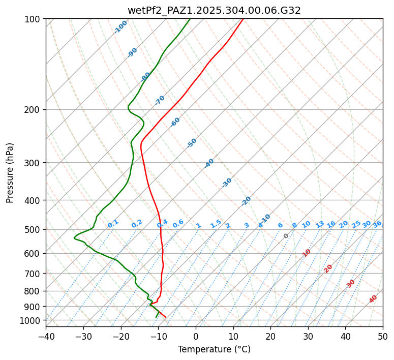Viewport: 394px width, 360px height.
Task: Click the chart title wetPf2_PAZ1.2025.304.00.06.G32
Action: click(x=214, y=10)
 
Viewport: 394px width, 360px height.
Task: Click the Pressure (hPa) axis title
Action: click(x=10, y=172)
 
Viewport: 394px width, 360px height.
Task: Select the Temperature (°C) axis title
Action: click(x=214, y=350)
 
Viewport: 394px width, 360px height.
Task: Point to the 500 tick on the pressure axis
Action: click(x=33, y=230)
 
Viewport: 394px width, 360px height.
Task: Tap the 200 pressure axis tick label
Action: click(x=33, y=110)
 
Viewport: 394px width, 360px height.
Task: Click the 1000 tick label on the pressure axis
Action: click(x=31, y=321)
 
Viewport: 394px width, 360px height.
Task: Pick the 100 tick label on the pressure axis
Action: click(x=33, y=19)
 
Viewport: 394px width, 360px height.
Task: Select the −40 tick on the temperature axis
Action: click(x=46, y=337)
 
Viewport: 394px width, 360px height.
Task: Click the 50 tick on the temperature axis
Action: click(x=383, y=337)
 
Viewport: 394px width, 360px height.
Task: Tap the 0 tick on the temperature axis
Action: click(x=196, y=337)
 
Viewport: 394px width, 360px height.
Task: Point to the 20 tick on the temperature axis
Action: click(x=270, y=337)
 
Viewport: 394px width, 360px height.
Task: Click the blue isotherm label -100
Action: click(x=120, y=27)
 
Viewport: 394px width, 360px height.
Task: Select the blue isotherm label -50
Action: click(x=192, y=143)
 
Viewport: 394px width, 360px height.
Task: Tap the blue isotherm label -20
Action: click(x=246, y=201)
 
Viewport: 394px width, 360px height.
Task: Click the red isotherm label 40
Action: click(x=373, y=299)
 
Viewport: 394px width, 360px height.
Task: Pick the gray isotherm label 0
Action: click(x=286, y=236)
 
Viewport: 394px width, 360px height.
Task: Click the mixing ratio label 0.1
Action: click(x=113, y=224)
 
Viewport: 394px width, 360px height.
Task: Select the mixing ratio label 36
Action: click(x=377, y=224)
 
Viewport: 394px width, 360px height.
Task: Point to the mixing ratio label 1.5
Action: click(x=216, y=224)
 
